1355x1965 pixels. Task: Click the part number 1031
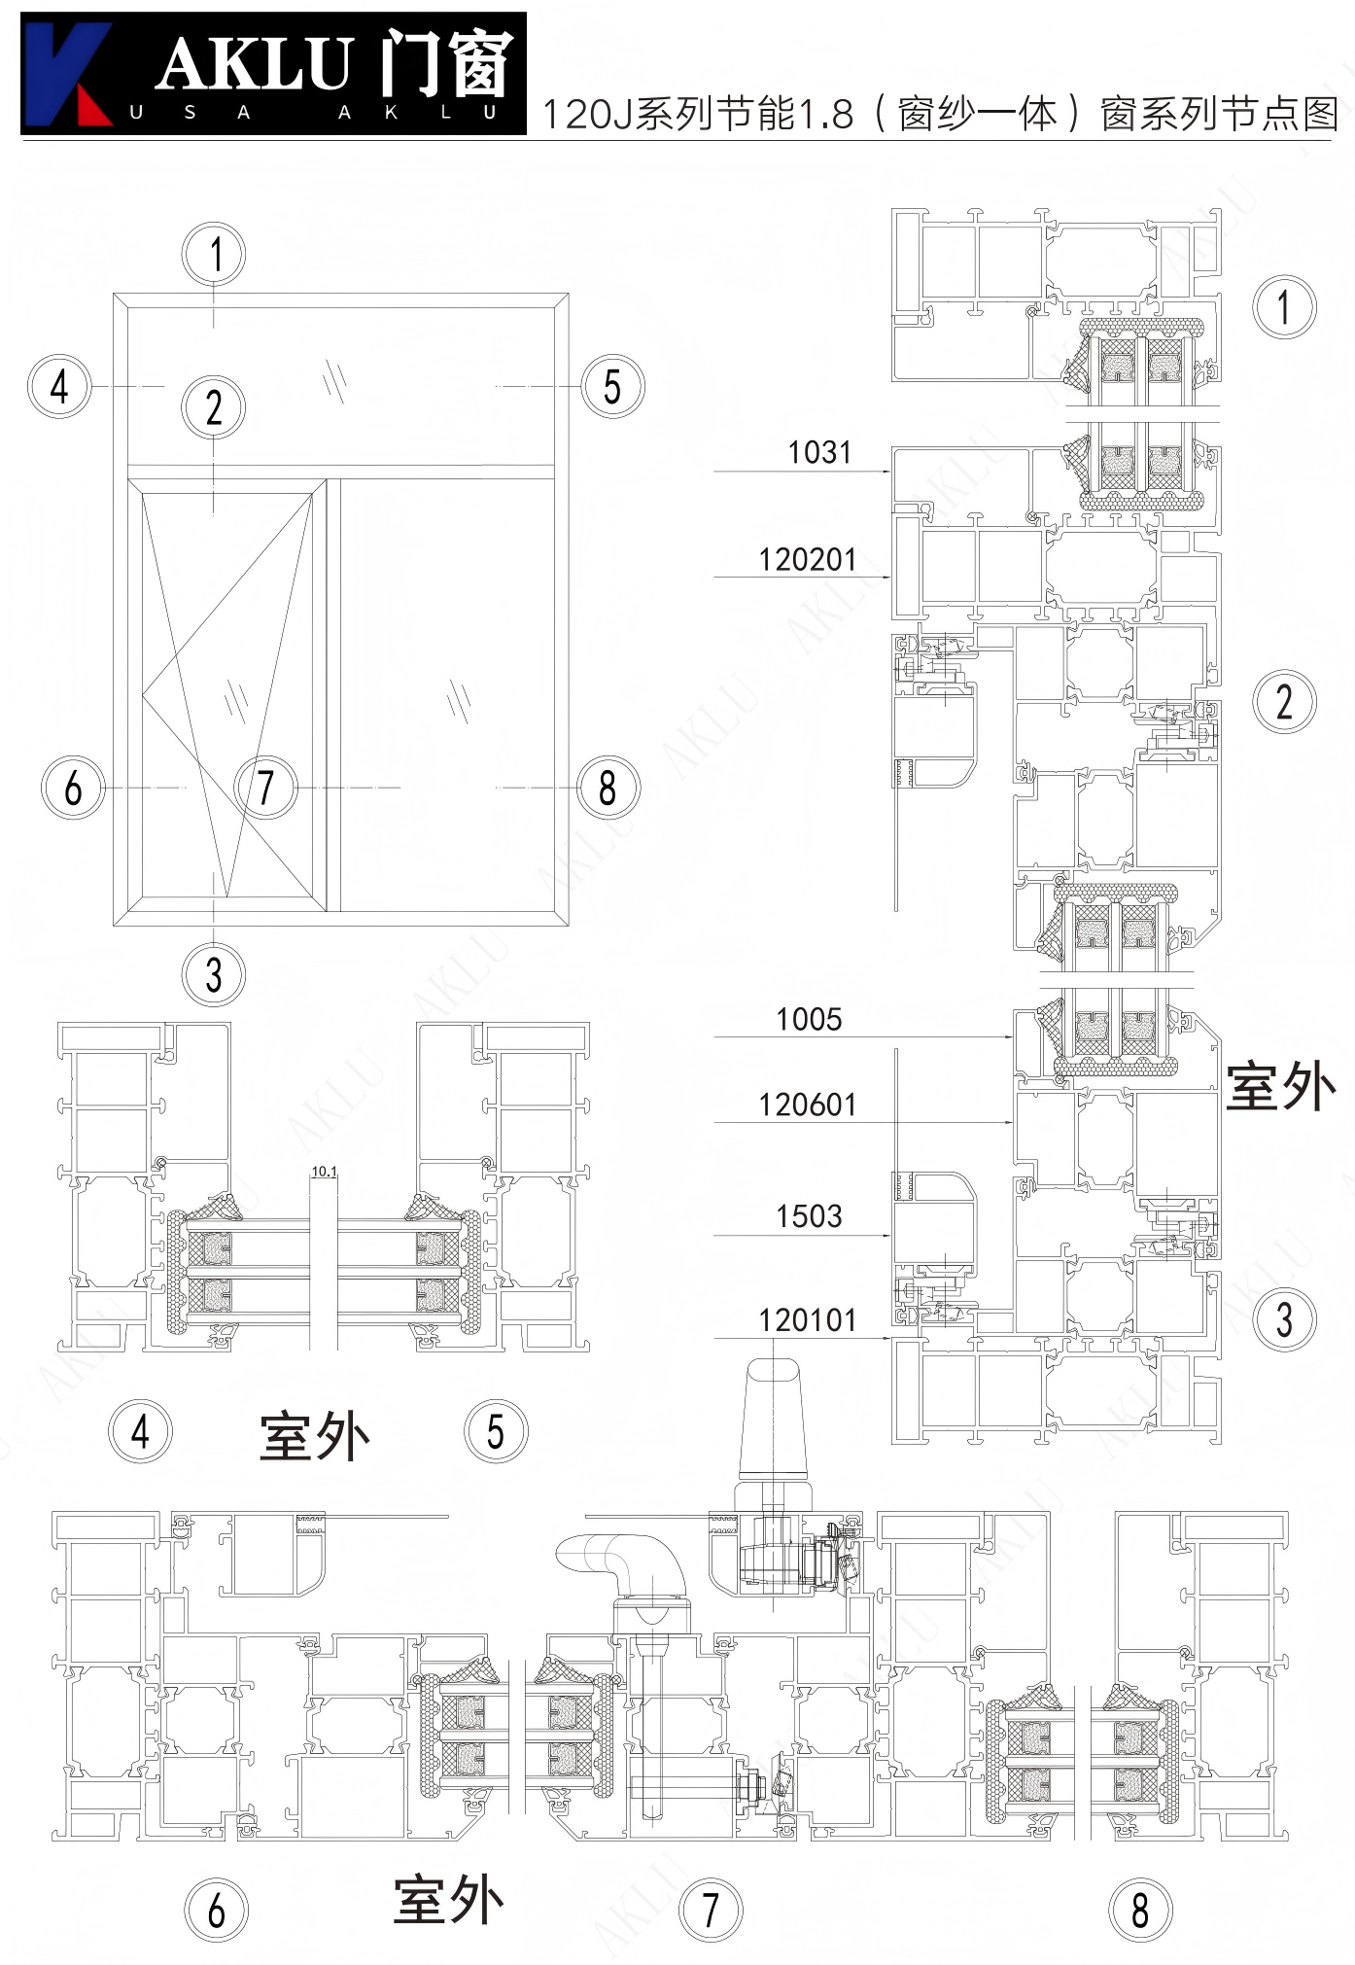(818, 452)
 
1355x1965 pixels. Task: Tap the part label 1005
(809, 1019)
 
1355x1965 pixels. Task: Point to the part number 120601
(807, 1105)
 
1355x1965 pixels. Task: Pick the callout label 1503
(809, 1215)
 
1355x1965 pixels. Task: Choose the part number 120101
(807, 1320)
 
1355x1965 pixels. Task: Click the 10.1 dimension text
(324, 1172)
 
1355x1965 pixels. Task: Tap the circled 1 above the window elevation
(214, 254)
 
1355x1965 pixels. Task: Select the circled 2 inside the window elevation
(214, 406)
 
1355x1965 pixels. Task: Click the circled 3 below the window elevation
(214, 974)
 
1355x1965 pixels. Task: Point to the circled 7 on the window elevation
(265, 788)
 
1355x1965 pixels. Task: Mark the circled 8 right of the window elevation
(608, 788)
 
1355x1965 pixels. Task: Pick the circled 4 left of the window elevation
(59, 386)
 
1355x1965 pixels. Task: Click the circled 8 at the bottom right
(1140, 1909)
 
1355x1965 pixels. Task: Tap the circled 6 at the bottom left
(216, 1910)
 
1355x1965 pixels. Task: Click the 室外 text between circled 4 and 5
(314, 1436)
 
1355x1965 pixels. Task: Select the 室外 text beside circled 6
(448, 1900)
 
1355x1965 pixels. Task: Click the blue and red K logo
(66, 74)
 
